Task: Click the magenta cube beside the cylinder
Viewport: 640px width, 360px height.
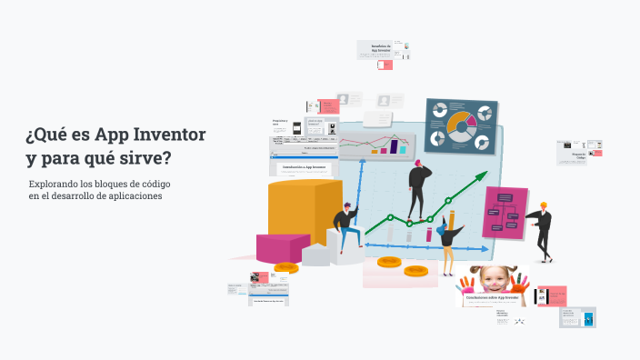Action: [283, 246]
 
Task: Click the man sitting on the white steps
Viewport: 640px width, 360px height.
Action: [345, 227]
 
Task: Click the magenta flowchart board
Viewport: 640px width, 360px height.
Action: [505, 212]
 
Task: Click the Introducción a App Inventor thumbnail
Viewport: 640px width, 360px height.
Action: [305, 167]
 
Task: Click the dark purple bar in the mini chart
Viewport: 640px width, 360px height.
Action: [395, 145]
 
